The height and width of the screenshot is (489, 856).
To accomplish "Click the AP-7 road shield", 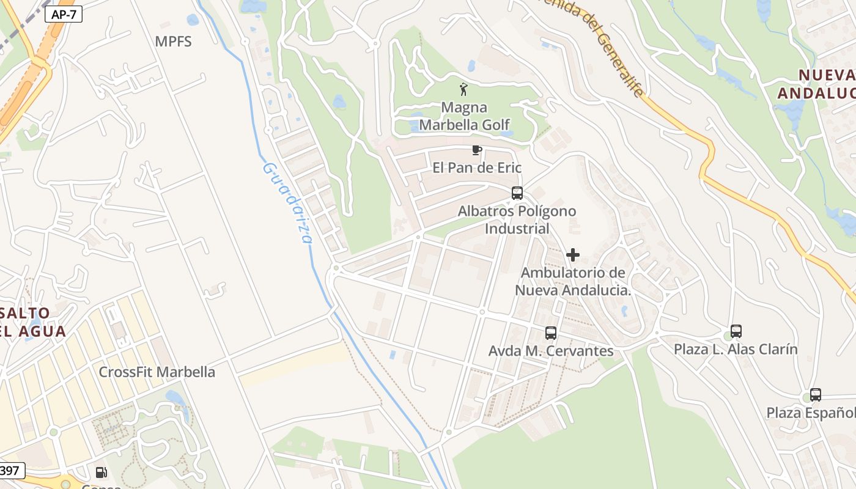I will [63, 15].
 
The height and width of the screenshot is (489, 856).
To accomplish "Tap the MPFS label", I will [173, 42].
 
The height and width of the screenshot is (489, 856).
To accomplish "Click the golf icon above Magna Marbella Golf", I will [464, 89].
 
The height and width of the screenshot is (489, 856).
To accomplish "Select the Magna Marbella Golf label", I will [464, 117].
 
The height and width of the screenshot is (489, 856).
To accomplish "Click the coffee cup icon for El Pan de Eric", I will [477, 149].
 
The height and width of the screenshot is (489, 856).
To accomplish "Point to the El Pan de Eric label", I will [477, 167].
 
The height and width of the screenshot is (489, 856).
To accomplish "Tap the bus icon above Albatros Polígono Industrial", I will [517, 193].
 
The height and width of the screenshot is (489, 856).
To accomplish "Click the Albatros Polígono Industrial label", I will [517, 220].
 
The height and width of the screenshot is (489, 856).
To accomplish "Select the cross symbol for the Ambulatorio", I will [573, 254].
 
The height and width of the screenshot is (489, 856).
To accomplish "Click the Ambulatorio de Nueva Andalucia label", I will [573, 281].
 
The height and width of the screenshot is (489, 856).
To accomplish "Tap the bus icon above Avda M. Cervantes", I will [551, 333].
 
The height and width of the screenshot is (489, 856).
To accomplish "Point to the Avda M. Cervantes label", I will [551, 351].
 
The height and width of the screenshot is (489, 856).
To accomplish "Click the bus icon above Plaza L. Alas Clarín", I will [736, 331].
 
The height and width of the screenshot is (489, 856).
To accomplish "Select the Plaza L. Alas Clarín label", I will [736, 349].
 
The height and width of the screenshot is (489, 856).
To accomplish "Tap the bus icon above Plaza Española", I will [816, 395].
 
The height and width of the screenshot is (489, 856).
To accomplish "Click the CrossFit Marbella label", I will [157, 372].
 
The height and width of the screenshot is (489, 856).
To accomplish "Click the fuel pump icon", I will [101, 472].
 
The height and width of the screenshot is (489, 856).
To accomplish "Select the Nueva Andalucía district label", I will [816, 84].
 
